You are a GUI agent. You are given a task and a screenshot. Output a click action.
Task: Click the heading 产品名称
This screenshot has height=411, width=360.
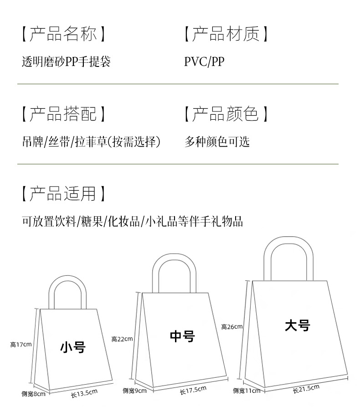coord(64,34)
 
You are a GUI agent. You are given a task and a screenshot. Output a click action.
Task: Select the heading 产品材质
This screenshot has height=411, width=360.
coord(226,34)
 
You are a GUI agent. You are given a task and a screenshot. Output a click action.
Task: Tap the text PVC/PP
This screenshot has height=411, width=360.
coord(204,61)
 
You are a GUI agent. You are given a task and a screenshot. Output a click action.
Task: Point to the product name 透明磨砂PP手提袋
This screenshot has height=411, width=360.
coord(66,61)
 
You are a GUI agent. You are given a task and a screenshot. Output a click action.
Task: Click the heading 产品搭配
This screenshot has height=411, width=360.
coord(64,114)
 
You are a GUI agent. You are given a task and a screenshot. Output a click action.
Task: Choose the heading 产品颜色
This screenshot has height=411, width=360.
coord(226,114)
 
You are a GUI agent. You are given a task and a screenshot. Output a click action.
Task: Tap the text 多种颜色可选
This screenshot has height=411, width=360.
coord(217,142)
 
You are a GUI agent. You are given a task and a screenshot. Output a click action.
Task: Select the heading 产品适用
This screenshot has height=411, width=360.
coord(64,194)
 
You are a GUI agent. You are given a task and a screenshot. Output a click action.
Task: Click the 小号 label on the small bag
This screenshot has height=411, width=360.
coord(73,348)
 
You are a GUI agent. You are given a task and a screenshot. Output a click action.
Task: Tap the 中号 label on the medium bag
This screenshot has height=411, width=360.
coord(182,337)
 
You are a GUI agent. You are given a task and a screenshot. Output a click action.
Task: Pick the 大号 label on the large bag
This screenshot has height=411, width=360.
coord(297,326)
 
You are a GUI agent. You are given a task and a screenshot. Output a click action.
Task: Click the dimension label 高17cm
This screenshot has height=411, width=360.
coord(21,345)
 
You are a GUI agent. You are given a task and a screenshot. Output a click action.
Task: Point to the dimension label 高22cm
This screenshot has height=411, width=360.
coord(122,339)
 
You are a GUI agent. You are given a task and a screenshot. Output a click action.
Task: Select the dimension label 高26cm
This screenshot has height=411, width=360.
coord(232,327)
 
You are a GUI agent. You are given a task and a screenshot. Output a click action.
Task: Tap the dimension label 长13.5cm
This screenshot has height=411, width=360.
coord(84,393)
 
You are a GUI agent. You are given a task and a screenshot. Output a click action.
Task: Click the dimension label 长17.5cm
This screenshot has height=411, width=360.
coord(193,390)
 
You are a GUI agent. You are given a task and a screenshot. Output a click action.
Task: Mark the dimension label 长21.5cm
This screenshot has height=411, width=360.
coord(306,389)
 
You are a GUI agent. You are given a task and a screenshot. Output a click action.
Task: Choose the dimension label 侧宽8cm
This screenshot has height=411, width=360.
coord(33,394)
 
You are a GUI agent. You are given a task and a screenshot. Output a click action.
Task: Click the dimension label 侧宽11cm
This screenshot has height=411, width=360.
coord(247,391)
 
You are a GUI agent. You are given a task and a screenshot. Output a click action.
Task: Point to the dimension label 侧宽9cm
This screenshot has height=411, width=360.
coord(134,391)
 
